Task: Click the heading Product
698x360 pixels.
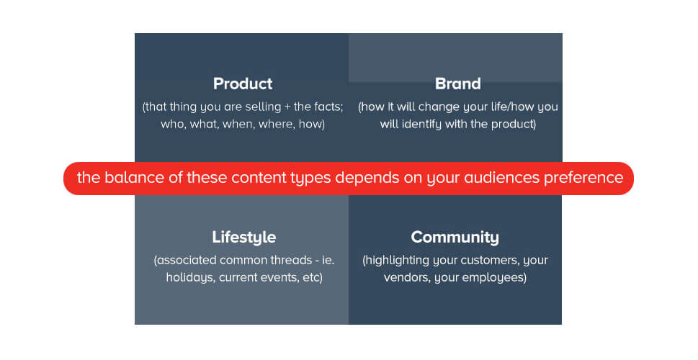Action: (243, 84)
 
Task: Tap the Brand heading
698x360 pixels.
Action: (457, 84)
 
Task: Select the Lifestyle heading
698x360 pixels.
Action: (243, 237)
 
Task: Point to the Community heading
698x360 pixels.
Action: (455, 237)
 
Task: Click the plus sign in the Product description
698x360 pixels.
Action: (287, 107)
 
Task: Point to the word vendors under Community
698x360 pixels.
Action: (406, 277)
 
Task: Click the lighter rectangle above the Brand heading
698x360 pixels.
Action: (455, 58)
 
